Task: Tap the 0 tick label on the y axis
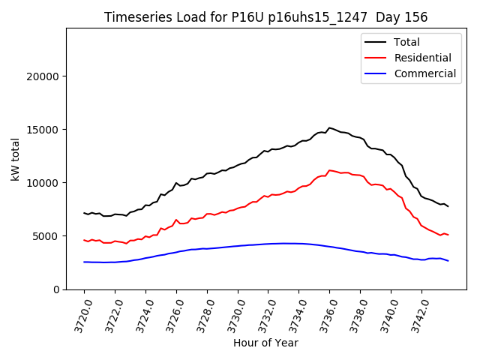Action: click(56, 289)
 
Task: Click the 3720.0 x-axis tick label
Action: click(79, 315)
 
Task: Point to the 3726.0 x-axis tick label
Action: click(171, 315)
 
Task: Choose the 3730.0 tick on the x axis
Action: click(232, 315)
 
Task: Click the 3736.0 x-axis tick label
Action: click(325, 315)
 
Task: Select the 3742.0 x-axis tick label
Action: click(417, 315)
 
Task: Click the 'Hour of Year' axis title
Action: click(265, 343)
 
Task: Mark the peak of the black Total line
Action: click(329, 127)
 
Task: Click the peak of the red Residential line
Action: click(329, 170)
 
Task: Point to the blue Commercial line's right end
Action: click(448, 261)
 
